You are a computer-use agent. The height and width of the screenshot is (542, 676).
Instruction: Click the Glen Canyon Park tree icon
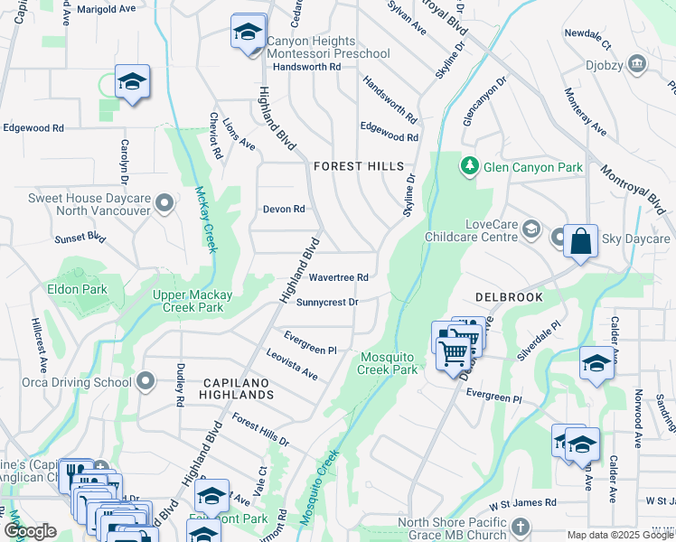click(469, 166)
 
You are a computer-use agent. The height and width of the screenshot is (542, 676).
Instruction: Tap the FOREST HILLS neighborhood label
click(359, 166)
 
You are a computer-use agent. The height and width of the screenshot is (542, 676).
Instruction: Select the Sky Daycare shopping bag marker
click(580, 241)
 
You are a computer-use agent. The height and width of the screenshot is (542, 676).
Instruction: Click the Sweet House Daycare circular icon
click(164, 203)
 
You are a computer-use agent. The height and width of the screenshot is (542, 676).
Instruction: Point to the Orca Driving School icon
click(145, 382)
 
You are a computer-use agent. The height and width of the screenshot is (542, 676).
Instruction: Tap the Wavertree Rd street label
click(339, 277)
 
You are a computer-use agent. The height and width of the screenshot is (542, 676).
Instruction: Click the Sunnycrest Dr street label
click(327, 302)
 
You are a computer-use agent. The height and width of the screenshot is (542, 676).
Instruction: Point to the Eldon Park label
click(78, 290)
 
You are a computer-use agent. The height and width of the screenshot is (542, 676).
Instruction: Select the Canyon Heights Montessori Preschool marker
click(247, 33)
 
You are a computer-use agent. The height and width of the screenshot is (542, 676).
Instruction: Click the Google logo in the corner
click(30, 531)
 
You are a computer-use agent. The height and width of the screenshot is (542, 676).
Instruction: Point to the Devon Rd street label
click(284, 209)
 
